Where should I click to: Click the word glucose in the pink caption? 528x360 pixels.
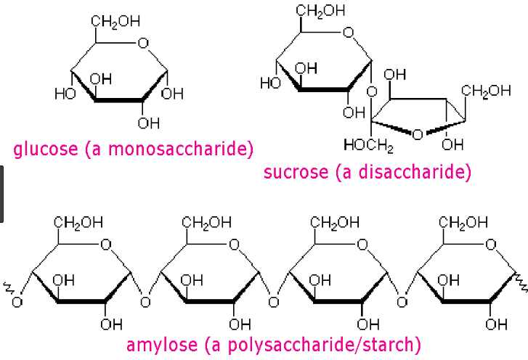tap(46, 150)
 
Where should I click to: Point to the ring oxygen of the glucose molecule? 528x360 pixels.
tap(143, 43)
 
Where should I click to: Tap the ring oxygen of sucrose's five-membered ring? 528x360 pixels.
tap(417, 134)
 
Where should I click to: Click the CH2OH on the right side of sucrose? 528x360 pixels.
tap(486, 91)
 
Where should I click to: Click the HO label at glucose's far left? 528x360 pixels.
tap(64, 94)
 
